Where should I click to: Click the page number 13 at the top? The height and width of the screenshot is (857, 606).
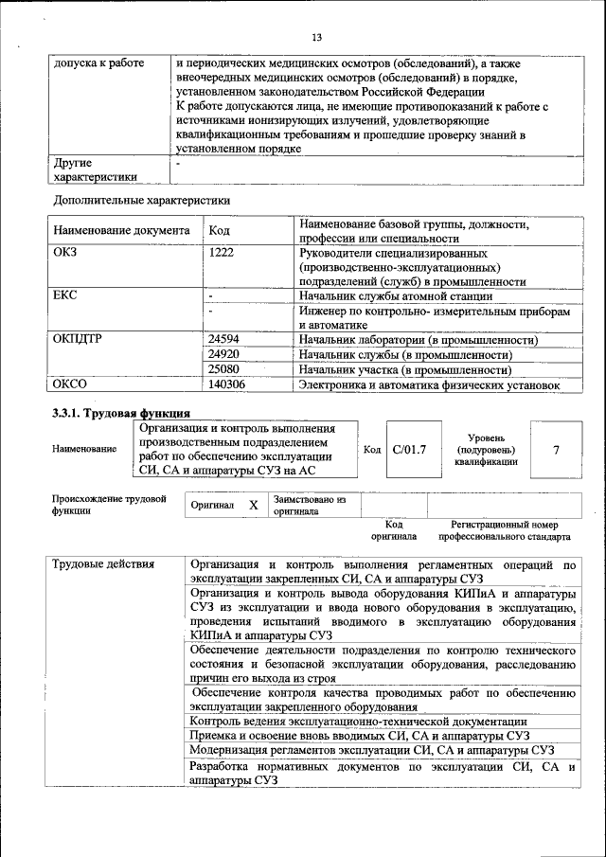316,38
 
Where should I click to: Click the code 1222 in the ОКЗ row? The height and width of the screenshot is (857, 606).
221,254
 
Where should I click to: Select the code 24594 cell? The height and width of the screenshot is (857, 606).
223,339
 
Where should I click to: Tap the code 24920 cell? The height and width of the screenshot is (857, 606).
223,354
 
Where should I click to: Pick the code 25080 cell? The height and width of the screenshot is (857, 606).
223,369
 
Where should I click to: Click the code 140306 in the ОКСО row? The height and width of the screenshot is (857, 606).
226,384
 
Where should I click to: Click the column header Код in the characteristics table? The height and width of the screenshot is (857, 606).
219,230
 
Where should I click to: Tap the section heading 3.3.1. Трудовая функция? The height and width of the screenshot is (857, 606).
120,413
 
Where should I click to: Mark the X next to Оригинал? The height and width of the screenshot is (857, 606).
253,506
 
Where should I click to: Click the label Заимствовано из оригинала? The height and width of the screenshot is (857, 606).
310,505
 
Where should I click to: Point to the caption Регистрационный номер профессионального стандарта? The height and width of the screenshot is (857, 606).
510,530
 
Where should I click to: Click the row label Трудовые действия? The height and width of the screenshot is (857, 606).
103,565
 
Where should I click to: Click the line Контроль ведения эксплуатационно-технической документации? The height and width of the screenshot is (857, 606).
358,721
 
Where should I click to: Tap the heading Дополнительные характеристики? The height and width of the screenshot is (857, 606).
142,200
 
